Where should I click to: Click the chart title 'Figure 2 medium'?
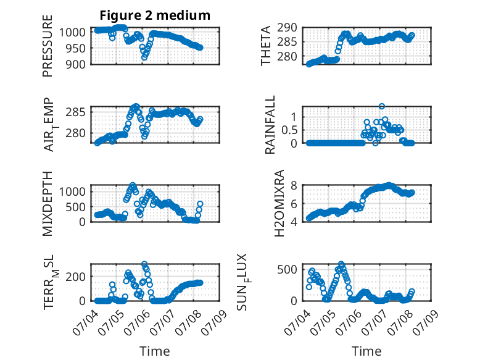click(x=155, y=15)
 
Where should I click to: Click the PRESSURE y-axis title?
click(x=48, y=46)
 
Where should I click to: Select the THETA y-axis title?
click(x=266, y=46)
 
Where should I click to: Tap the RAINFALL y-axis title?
click(x=270, y=125)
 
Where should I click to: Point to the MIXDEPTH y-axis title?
click(x=48, y=204)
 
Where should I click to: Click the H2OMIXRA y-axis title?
click(x=279, y=203)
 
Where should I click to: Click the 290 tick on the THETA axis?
click(x=287, y=28)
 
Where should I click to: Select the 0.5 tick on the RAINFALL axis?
click(x=289, y=130)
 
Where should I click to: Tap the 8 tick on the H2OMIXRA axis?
click(x=294, y=185)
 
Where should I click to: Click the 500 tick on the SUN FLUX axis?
click(x=287, y=270)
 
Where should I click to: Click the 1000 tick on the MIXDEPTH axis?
click(x=72, y=192)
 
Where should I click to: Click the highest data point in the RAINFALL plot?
click(x=381, y=106)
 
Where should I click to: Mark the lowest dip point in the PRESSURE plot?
click(x=144, y=57)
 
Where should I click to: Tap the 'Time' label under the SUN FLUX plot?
click(x=366, y=351)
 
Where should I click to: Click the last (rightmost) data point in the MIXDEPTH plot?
click(x=200, y=204)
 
